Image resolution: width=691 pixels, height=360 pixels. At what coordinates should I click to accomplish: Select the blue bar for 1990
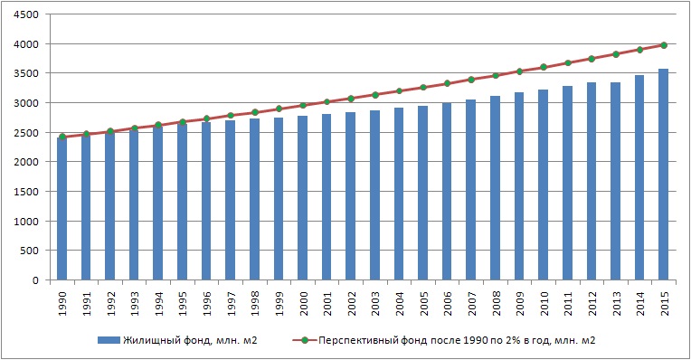tap(62, 209)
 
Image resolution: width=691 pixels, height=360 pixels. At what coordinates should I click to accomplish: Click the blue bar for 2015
tap(664, 175)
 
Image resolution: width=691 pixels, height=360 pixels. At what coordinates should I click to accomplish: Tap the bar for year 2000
tap(303, 198)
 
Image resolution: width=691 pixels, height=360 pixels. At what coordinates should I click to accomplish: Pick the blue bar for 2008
tap(496, 188)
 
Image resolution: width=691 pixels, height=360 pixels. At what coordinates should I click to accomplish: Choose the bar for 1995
tap(183, 202)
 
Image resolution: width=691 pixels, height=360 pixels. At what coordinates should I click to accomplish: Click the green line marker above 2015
tap(664, 45)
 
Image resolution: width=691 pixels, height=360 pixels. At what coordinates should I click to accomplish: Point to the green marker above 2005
tap(423, 87)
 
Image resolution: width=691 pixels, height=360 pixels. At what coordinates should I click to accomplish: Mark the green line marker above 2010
tap(544, 67)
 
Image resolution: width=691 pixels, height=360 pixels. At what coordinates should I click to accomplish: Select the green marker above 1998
tap(255, 112)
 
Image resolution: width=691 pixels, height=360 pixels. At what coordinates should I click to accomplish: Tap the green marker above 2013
tap(616, 54)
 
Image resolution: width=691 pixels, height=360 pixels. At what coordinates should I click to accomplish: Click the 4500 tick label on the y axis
tap(26, 14)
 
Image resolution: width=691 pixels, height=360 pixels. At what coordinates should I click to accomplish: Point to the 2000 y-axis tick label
tap(26, 162)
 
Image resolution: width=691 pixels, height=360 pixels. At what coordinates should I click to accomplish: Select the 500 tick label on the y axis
tap(30, 251)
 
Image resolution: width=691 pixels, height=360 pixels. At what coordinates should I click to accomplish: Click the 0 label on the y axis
tap(35, 280)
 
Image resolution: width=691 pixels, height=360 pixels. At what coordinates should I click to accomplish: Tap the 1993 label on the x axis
tap(135, 304)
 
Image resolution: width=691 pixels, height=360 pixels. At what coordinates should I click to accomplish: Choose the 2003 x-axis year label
tap(375, 304)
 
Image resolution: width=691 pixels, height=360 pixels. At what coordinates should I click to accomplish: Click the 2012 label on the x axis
tap(592, 304)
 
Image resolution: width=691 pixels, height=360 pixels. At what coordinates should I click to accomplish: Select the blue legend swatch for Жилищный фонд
tap(109, 340)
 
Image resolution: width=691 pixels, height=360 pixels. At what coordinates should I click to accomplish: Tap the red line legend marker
tap(304, 340)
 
